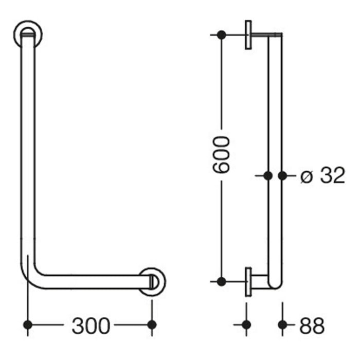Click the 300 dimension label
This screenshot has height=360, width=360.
90,326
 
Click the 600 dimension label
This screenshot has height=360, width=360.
222,155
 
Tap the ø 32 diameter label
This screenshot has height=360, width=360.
322,176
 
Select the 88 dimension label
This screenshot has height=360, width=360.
311,326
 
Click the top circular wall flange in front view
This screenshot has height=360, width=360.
28,34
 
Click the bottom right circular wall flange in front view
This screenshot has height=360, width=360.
152,281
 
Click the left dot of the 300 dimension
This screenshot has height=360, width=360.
28,325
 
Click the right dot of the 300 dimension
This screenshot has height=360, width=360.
152,325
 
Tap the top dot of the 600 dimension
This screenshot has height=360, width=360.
221,35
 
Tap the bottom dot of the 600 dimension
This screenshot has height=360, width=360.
221,281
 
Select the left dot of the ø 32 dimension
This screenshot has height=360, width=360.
268,175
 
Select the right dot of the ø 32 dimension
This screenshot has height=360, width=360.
282,175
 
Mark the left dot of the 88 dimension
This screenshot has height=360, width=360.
246,325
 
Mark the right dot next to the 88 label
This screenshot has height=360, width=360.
282,325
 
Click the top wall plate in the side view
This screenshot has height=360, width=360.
248,35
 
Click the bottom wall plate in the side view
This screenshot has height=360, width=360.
248,281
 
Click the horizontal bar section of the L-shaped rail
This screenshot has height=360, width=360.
93,281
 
